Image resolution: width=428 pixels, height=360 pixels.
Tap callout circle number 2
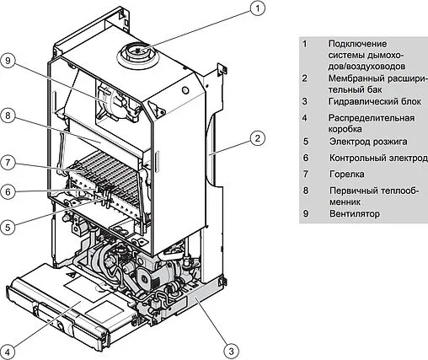tap(258, 137)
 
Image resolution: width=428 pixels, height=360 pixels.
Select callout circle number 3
tap(229, 348)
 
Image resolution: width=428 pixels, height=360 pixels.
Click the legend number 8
tap(307, 191)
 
